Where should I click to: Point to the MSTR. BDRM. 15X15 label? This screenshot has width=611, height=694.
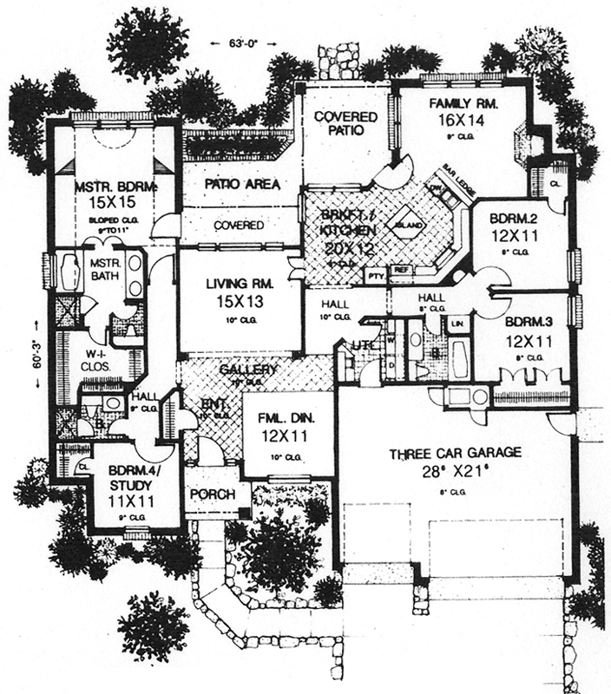[103, 193]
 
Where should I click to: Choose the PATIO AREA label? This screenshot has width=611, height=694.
[241, 184]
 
